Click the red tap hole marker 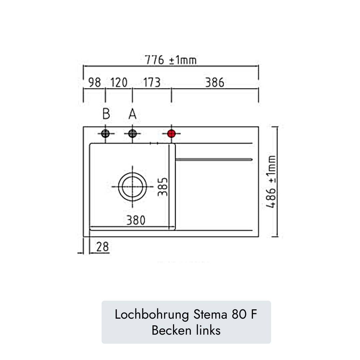click(171, 134)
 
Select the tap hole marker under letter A click(132, 134)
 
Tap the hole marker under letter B click(105, 134)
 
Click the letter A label click(132, 114)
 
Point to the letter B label click(106, 114)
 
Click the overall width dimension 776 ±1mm click(170, 60)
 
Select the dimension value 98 click(95, 82)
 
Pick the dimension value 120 click(119, 82)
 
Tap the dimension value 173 click(152, 82)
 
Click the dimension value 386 click(214, 82)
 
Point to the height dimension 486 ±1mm click(272, 182)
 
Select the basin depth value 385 click(163, 187)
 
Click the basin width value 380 click(136, 220)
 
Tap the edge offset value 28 click(102, 247)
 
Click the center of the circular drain click(132, 187)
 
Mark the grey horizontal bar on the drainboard click(214, 160)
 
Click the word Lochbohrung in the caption click(152, 314)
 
